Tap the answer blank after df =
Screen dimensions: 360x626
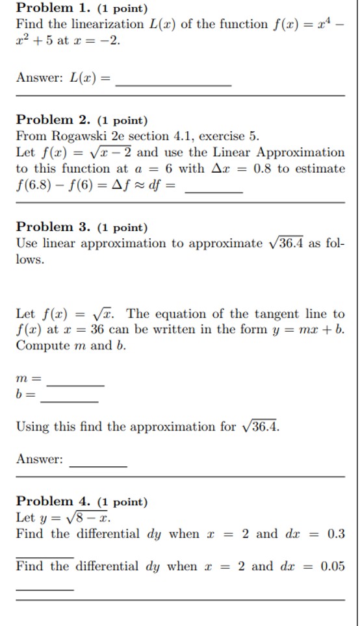214,190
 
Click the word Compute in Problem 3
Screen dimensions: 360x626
40,345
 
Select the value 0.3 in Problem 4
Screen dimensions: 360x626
336,534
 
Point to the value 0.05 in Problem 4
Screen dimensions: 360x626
333,566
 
